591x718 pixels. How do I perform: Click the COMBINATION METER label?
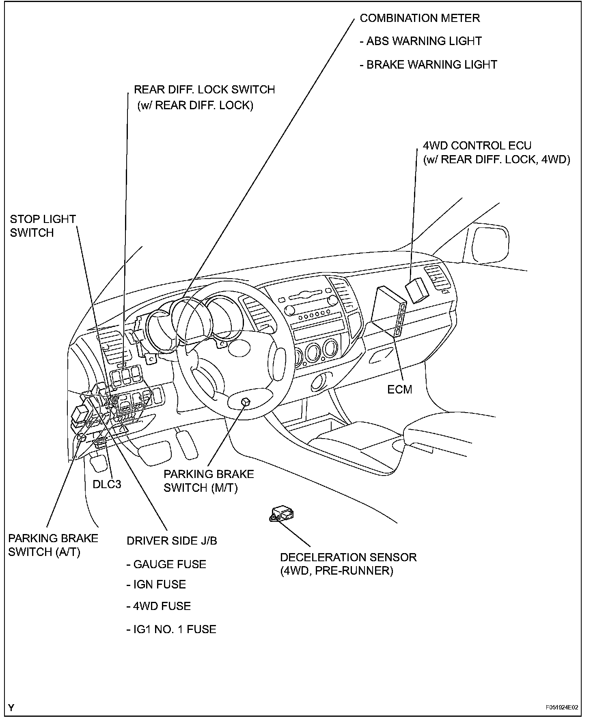pos(420,18)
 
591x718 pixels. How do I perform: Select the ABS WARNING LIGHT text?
pos(421,41)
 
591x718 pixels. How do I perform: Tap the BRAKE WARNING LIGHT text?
pos(428,65)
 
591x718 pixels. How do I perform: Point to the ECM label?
pos(400,389)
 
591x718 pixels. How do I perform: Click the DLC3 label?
pos(107,484)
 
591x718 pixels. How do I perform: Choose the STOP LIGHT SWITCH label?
pos(43,226)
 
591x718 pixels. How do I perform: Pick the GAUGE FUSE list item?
pos(166,564)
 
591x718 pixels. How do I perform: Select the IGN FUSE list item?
pos(156,584)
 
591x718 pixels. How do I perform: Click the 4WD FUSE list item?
pos(158,606)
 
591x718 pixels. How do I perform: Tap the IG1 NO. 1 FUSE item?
pos(171,629)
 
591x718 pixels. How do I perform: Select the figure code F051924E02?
pos(562,707)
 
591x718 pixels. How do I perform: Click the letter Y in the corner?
pos(11,708)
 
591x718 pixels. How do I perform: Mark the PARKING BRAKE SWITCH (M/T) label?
pos(209,481)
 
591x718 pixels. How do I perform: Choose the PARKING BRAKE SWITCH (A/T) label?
pos(53,545)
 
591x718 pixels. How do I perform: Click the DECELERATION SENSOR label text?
pos(348,564)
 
